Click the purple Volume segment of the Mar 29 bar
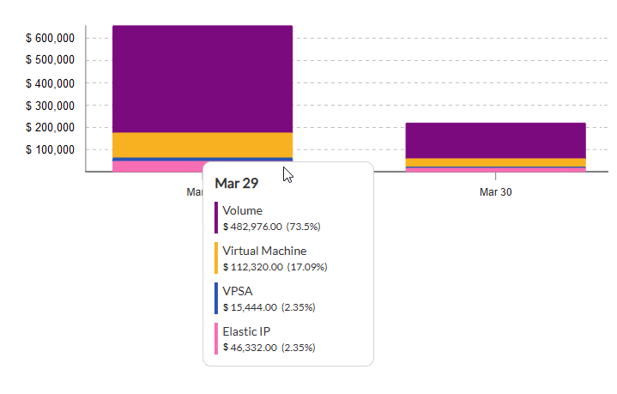tap(203, 79)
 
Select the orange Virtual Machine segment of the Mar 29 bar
tap(203, 144)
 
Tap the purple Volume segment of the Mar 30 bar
tap(495, 140)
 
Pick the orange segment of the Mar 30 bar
tap(495, 162)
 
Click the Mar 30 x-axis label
tap(495, 192)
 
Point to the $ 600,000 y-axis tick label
tap(51, 39)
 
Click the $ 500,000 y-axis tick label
tap(51, 61)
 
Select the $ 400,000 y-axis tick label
tap(51, 83)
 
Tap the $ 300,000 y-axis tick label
tap(51, 106)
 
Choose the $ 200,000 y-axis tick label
tap(51, 128)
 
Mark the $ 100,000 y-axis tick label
tap(51, 150)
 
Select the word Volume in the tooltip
tap(242, 210)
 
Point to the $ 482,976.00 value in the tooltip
tap(252, 227)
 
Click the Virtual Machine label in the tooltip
tap(264, 251)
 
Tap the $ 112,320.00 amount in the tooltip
tap(252, 267)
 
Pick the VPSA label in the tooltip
tap(238, 291)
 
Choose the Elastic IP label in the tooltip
tap(246, 331)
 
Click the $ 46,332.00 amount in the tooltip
tap(250, 348)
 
